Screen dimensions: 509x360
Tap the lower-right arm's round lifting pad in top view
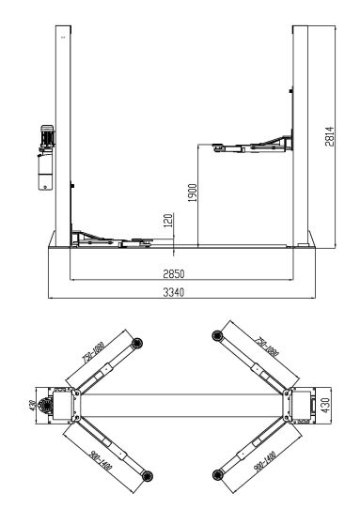point(217,472)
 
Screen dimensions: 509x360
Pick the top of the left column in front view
point(63,32)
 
